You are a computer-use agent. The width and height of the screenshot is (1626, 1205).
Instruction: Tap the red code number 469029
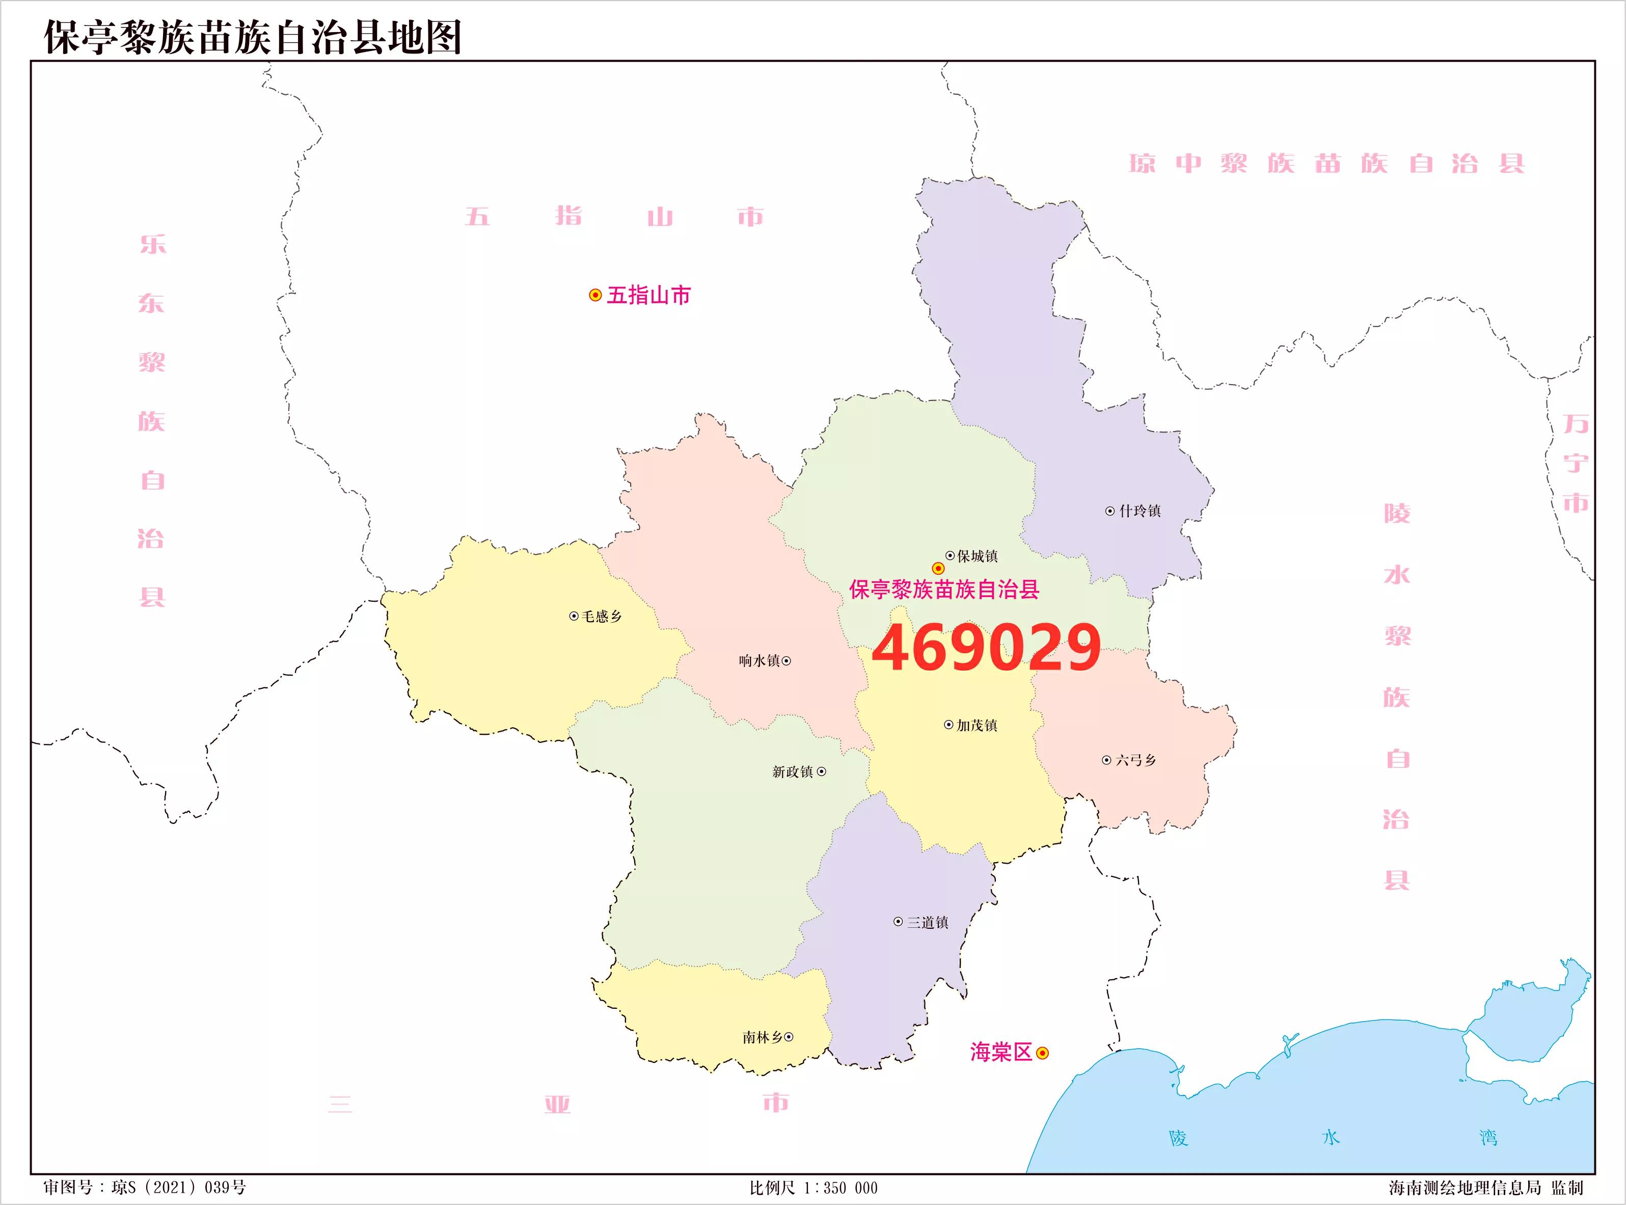pyautogui.click(x=986, y=648)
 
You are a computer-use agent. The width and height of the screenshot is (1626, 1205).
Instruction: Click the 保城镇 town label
pyautogui.click(x=977, y=556)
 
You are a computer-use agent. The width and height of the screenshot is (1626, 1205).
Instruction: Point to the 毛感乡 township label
pyautogui.click(x=602, y=617)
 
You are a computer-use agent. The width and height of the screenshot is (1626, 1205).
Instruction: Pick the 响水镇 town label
pyautogui.click(x=759, y=661)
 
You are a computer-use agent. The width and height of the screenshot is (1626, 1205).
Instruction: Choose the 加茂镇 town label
pyautogui.click(x=977, y=726)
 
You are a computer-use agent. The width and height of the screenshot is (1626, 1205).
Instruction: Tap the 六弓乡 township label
pyautogui.click(x=1135, y=761)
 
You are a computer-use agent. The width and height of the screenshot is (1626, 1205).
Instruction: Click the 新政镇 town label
pyautogui.click(x=793, y=772)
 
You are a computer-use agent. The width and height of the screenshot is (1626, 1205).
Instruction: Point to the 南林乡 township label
pyautogui.click(x=762, y=1037)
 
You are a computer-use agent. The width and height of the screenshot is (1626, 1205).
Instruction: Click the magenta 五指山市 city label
pyautogui.click(x=648, y=296)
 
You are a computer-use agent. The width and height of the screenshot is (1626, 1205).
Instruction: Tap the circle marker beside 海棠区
pyautogui.click(x=1043, y=1053)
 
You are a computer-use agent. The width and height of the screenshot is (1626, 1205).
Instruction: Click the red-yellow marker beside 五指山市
pyautogui.click(x=595, y=296)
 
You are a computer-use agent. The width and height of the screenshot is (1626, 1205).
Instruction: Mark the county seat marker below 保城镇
pyautogui.click(x=938, y=568)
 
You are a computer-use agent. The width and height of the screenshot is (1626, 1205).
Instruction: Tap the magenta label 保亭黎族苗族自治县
pyautogui.click(x=944, y=590)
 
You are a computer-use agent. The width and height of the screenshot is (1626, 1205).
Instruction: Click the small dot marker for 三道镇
pyautogui.click(x=898, y=922)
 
